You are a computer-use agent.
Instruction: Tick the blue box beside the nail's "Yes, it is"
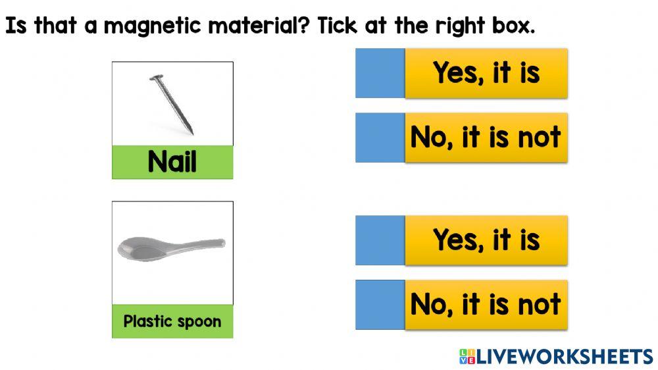(380, 73)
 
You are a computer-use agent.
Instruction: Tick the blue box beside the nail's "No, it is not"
(380, 138)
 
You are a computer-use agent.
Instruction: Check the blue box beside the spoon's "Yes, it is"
(380, 240)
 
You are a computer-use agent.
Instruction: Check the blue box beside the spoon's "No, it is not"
(380, 305)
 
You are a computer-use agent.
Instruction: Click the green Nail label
(172, 162)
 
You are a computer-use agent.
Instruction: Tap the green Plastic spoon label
(172, 321)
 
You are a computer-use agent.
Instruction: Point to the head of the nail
(156, 79)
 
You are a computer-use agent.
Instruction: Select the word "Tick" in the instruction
(342, 26)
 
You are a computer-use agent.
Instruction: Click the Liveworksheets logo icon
(467, 357)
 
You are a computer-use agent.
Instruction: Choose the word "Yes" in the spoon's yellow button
(457, 240)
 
